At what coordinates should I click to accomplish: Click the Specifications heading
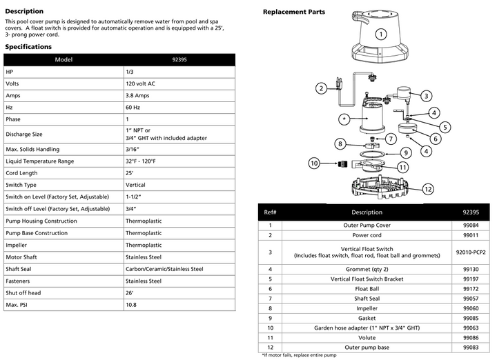tap(28, 47)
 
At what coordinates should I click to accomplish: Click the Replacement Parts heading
tap(294, 12)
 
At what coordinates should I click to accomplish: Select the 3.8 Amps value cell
tap(137, 96)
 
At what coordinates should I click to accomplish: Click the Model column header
tap(64, 59)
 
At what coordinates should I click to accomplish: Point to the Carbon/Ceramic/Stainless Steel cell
tap(164, 269)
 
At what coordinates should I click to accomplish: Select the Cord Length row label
tap(21, 173)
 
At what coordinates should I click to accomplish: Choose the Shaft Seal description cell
tap(367, 298)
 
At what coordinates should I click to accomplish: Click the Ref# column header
tap(270, 212)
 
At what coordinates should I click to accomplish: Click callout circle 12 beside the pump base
tap(428, 188)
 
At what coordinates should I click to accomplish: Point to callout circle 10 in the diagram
tap(314, 164)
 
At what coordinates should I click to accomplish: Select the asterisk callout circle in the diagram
tap(343, 119)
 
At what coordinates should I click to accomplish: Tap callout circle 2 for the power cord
tap(321, 88)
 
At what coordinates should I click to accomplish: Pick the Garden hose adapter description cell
tap(367, 328)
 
